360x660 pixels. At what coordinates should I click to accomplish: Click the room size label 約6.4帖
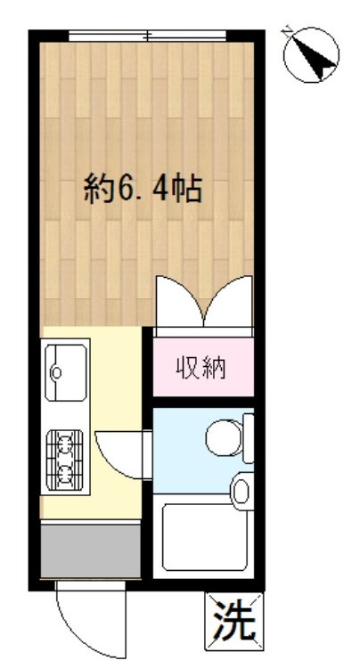143,189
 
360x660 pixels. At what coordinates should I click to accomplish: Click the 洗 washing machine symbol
235,617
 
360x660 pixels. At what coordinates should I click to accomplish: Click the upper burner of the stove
65,443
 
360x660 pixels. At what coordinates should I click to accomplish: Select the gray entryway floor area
91,551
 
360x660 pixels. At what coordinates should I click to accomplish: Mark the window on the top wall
148,36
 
